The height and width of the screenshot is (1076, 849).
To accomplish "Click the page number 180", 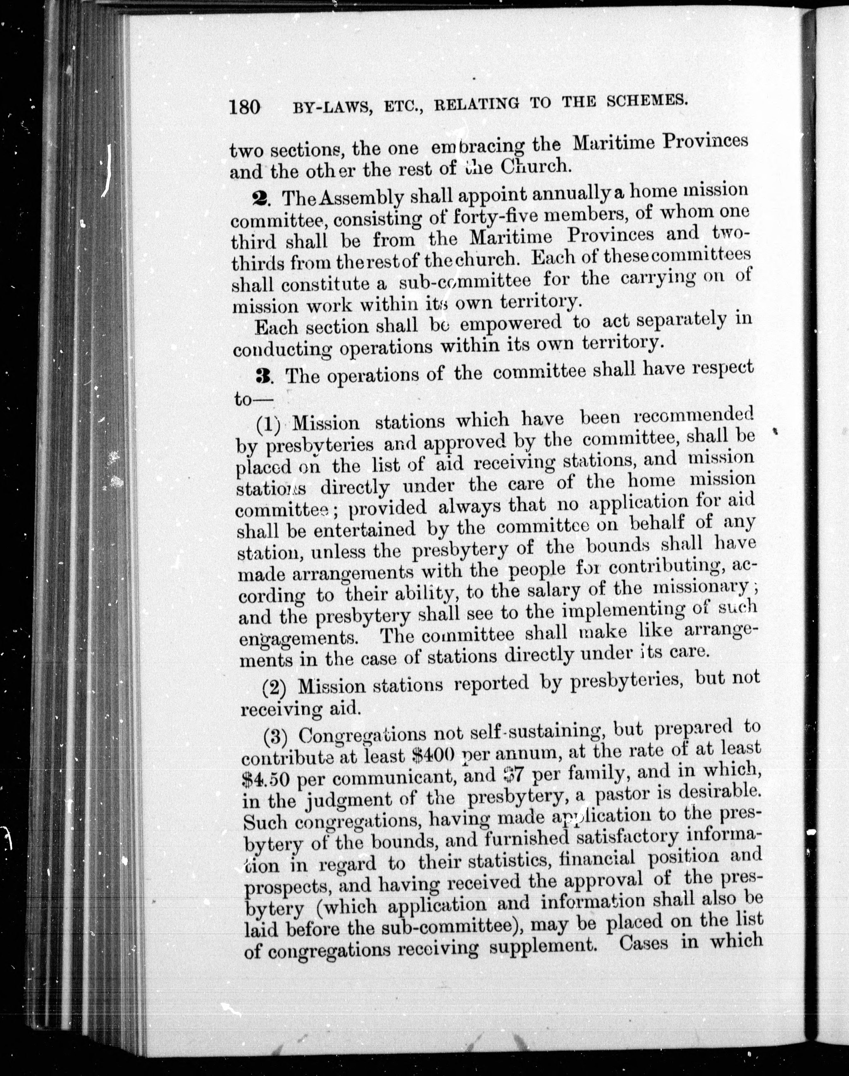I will click(x=245, y=106).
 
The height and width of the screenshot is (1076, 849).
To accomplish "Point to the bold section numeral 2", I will click(x=260, y=197).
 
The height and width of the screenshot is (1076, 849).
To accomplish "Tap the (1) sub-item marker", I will click(x=268, y=424).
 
